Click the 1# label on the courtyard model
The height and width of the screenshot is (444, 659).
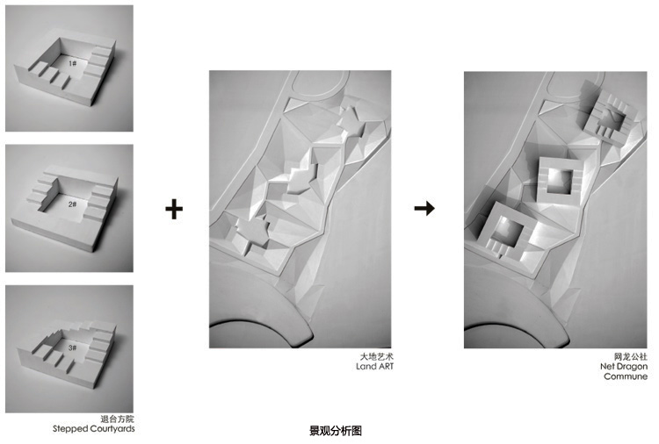[x=73, y=63]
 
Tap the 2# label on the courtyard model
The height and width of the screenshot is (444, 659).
[x=73, y=204]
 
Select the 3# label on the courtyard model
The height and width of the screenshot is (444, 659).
[x=73, y=347]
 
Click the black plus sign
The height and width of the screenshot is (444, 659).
[x=174, y=209]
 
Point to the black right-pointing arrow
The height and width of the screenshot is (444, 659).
[x=424, y=208]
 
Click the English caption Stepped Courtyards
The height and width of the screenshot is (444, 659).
[x=94, y=429]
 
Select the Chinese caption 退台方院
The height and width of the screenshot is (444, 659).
[x=117, y=419]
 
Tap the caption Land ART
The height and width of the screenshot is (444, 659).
[x=375, y=367]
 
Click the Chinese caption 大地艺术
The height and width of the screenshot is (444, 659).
[x=377, y=357]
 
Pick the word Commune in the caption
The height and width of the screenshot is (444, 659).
[x=626, y=376]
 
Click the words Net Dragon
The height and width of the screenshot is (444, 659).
[x=624, y=367]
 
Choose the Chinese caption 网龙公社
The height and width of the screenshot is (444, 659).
[x=630, y=357]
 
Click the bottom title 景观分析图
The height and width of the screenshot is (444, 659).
[x=336, y=431]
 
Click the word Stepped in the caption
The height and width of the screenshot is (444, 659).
[x=69, y=429]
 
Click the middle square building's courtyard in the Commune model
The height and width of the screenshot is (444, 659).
[x=561, y=182]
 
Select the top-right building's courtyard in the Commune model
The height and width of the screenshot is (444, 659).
[x=614, y=118]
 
